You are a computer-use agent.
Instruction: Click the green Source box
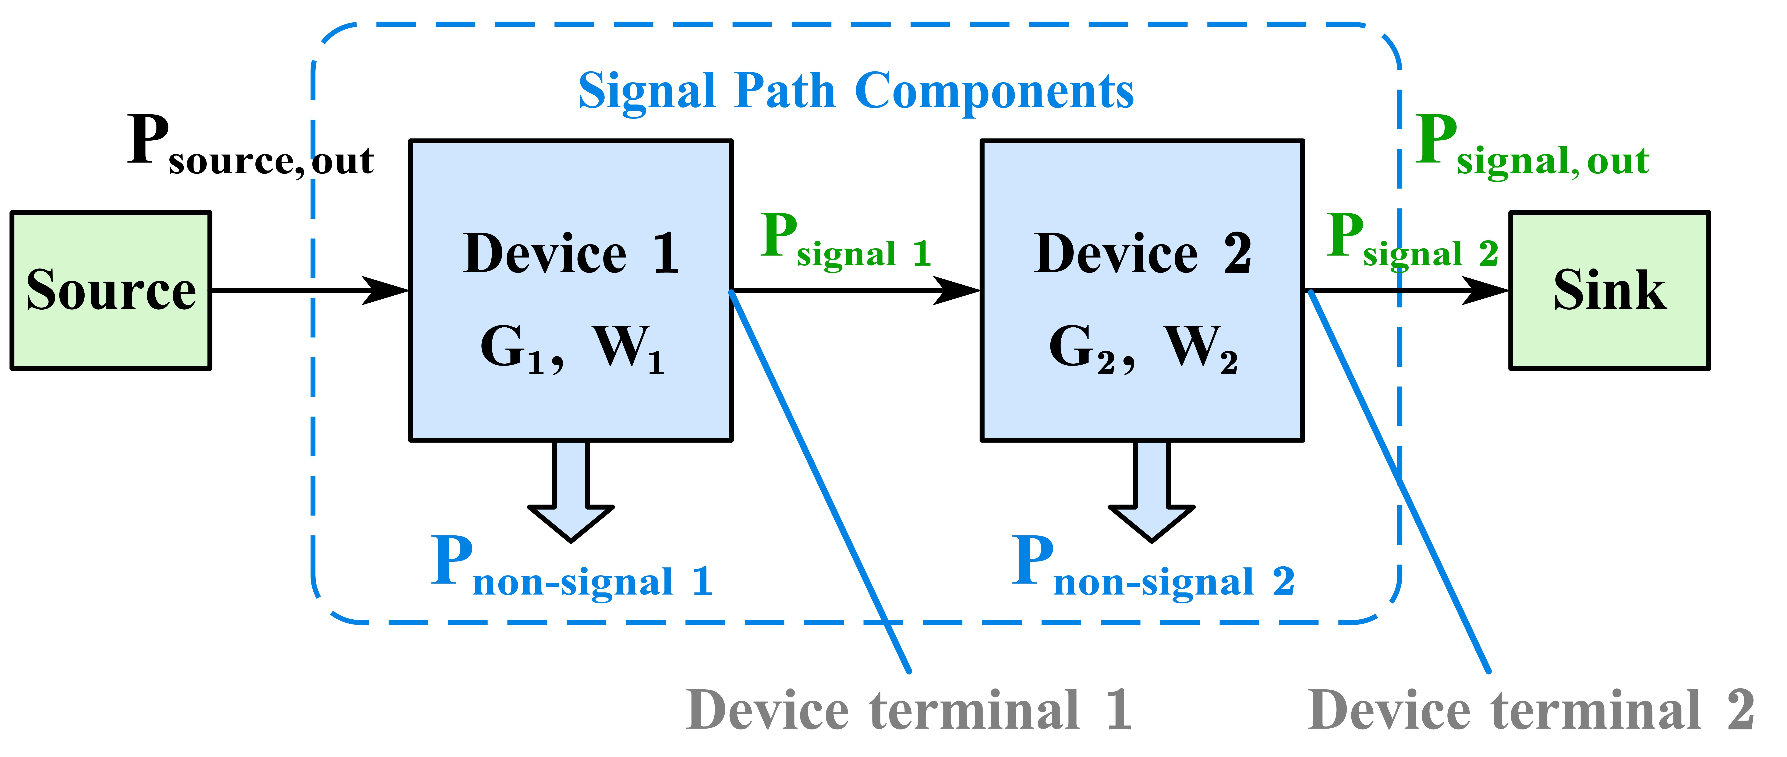click(x=111, y=290)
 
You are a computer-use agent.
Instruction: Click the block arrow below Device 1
click(x=571, y=493)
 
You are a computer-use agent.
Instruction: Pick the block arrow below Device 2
click(x=1151, y=493)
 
